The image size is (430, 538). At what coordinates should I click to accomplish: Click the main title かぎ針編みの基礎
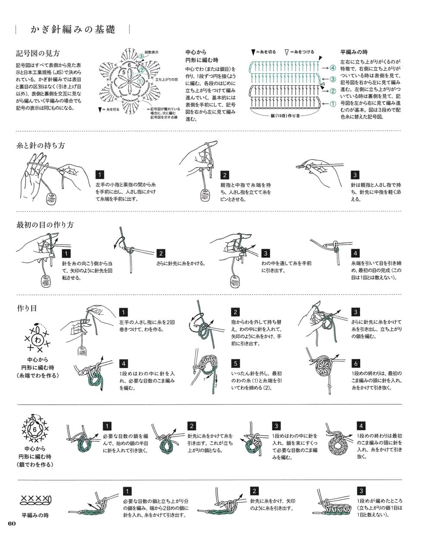[73, 29]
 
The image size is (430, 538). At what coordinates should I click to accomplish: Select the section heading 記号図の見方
[38, 53]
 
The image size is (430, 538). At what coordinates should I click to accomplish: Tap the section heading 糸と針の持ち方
[41, 145]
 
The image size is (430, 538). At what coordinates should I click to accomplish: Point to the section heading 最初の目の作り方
[45, 225]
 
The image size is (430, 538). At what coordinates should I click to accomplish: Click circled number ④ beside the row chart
[332, 68]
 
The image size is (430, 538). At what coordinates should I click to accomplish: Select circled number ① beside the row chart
[333, 104]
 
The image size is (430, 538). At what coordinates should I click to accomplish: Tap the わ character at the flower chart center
[129, 81]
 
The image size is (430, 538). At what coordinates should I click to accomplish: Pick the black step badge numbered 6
[356, 363]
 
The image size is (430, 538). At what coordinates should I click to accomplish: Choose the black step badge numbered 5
[235, 363]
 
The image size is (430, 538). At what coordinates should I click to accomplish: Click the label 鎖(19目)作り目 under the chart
[285, 116]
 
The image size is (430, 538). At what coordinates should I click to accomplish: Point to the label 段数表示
[151, 52]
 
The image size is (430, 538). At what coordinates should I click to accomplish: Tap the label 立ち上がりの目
[166, 79]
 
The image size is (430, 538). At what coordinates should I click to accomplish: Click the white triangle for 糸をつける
[287, 52]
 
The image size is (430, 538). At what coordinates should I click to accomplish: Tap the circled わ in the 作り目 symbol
[38, 340]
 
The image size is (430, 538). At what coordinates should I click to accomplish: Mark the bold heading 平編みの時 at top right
[354, 52]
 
